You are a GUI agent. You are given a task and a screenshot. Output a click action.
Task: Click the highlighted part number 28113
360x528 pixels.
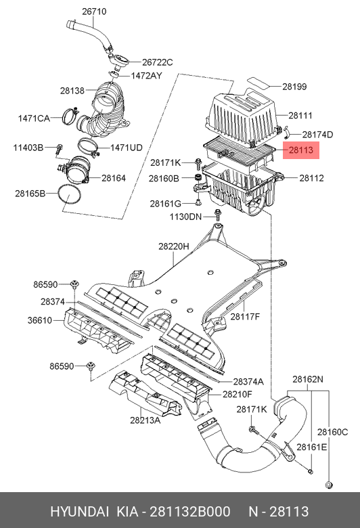[x=300, y=152]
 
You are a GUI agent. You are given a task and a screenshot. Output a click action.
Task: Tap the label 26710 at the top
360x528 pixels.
[x=94, y=12]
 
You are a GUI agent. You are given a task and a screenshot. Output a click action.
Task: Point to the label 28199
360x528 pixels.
[x=294, y=86]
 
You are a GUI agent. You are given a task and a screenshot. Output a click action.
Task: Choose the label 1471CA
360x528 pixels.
[x=33, y=118]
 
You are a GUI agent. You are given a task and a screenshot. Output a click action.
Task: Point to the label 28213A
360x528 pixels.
[x=145, y=420]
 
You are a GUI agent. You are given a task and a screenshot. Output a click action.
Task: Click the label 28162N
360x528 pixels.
[x=308, y=379]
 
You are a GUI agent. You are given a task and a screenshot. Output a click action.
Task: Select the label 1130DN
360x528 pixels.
[x=186, y=217]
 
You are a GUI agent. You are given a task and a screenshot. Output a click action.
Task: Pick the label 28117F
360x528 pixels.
[x=245, y=316]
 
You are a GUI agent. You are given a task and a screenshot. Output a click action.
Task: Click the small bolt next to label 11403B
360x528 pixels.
[x=60, y=148]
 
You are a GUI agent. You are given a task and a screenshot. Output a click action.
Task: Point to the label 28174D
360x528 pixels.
[x=317, y=134]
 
